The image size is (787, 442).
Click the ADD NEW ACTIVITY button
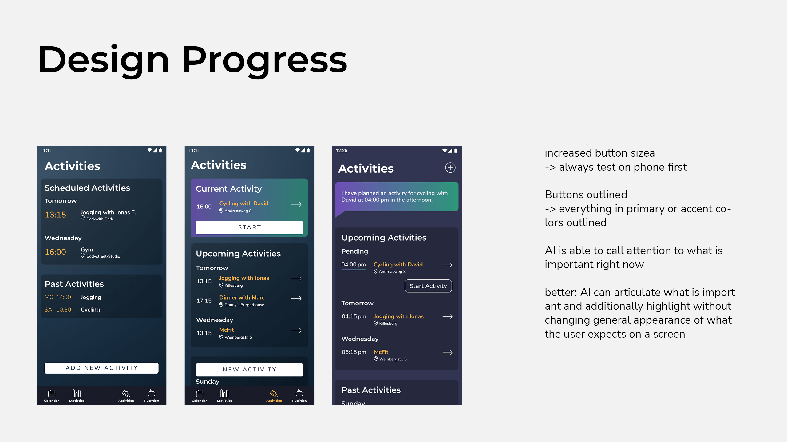click(101, 368)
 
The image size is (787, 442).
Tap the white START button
click(249, 227)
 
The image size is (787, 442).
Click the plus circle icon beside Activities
click(450, 168)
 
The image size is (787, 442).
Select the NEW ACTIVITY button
click(249, 370)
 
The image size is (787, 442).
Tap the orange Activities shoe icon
click(274, 394)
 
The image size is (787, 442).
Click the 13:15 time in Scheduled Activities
click(55, 215)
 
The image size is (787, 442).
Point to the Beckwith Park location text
click(100, 219)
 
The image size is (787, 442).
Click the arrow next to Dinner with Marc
click(296, 298)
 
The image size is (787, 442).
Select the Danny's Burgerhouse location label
click(244, 305)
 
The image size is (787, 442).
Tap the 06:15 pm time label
click(354, 352)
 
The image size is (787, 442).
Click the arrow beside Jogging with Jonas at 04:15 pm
click(448, 316)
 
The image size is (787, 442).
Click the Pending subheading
click(354, 251)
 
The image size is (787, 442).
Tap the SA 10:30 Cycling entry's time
click(64, 310)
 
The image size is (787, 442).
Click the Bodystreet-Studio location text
click(103, 256)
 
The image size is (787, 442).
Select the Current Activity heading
click(229, 189)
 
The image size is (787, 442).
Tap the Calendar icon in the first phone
click(52, 394)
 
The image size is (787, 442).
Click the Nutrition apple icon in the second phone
click(299, 393)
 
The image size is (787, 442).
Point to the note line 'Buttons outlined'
click(586, 195)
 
